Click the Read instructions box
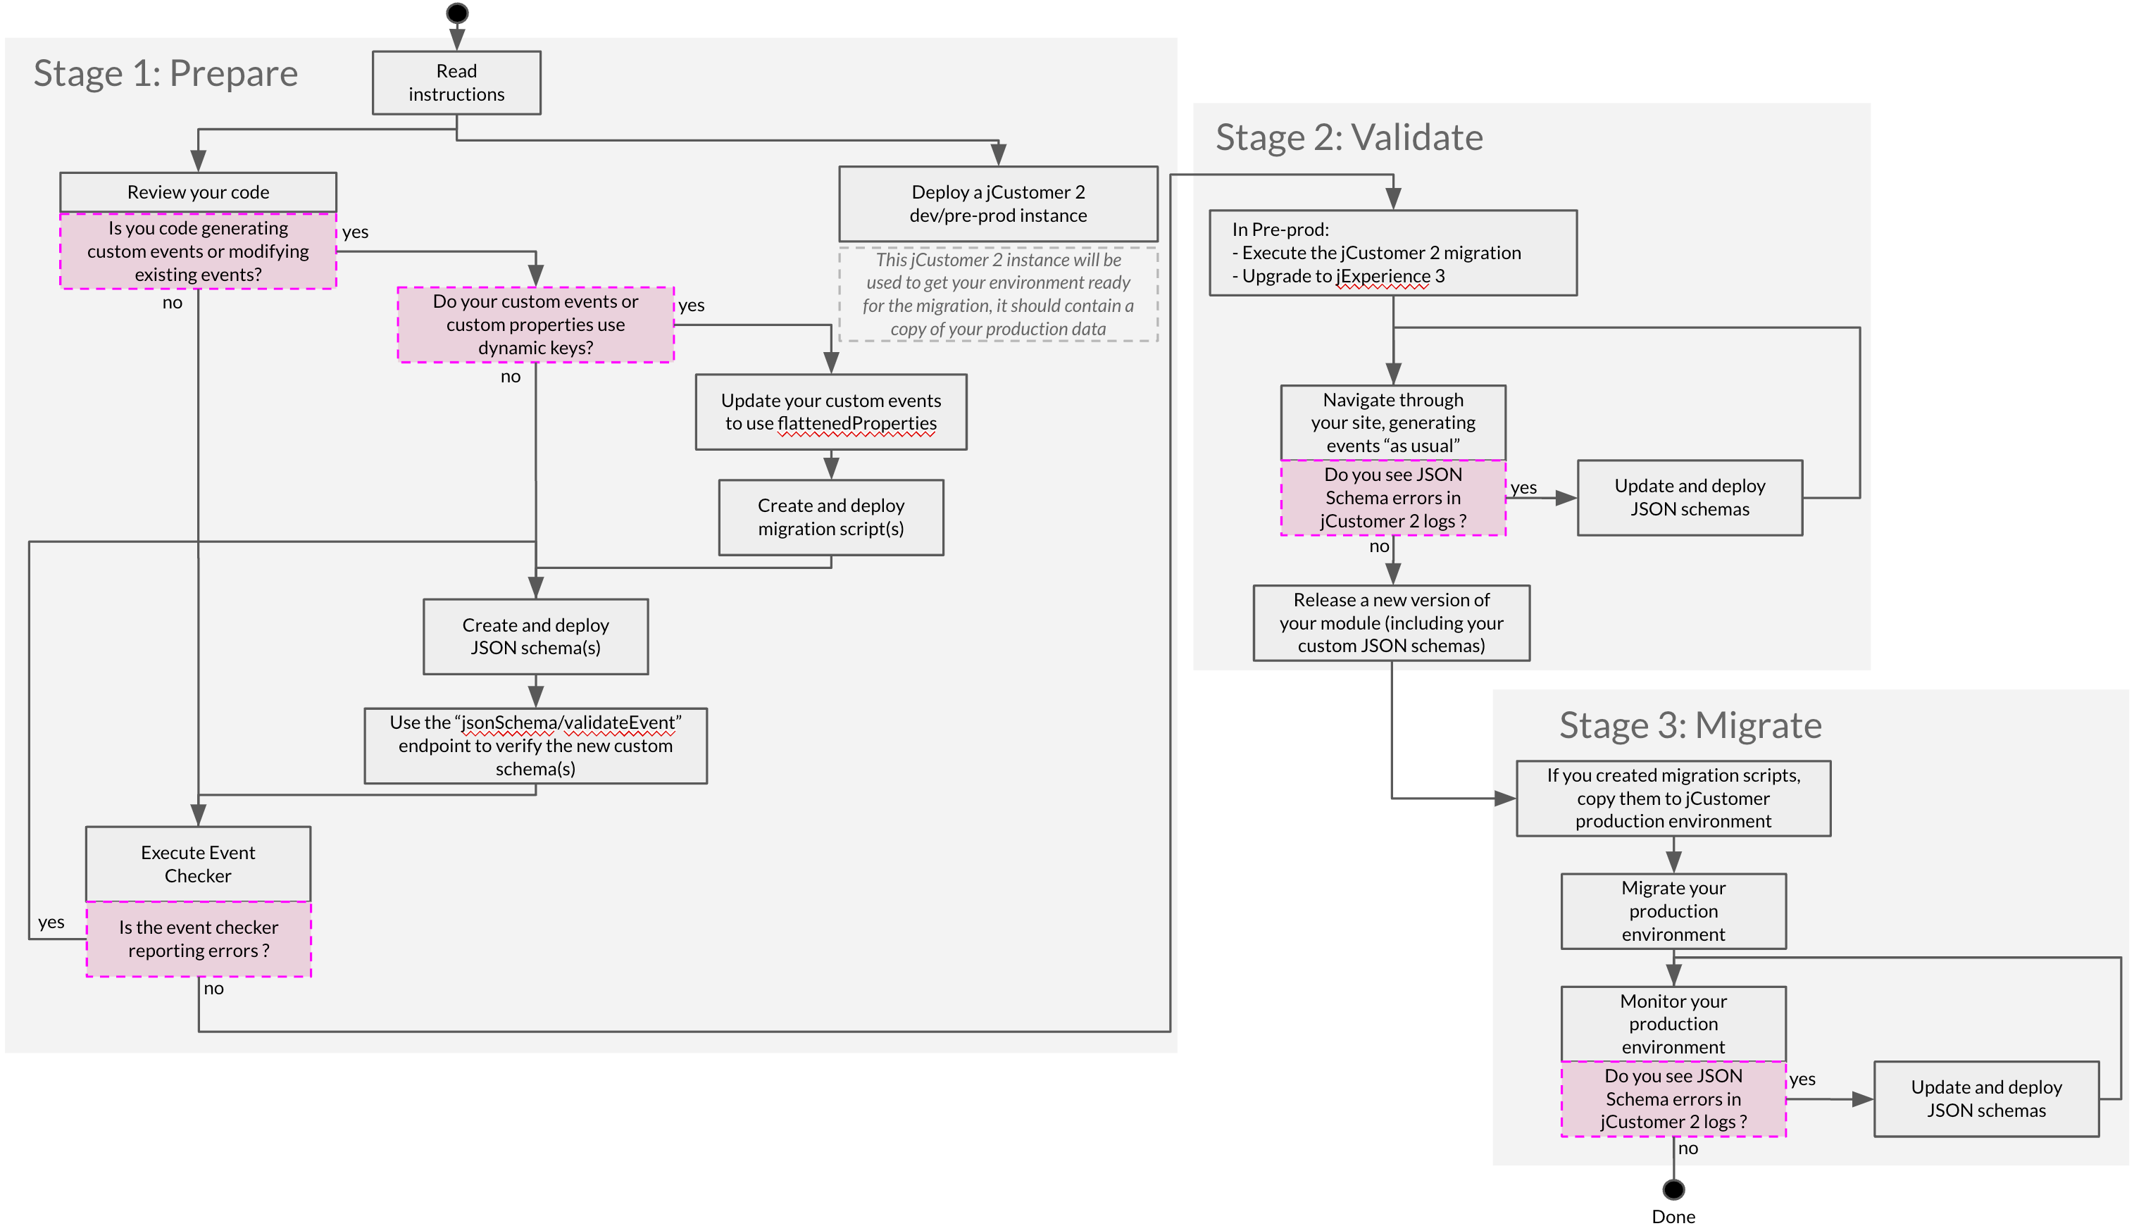(x=456, y=82)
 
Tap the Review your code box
(x=198, y=192)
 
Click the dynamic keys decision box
(x=535, y=324)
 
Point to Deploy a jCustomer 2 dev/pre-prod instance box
(x=998, y=204)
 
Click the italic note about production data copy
(x=998, y=294)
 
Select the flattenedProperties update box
(x=830, y=412)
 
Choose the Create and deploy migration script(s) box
(x=830, y=517)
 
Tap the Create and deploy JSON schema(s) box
(x=535, y=636)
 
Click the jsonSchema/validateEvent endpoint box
(x=535, y=745)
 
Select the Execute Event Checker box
(x=198, y=863)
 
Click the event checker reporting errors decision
(x=198, y=939)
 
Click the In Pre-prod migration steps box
(x=1392, y=253)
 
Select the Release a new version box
(x=1391, y=623)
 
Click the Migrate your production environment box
(x=1673, y=911)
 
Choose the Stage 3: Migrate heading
(x=1690, y=725)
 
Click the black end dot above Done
(x=1673, y=1189)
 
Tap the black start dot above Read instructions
(x=457, y=13)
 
